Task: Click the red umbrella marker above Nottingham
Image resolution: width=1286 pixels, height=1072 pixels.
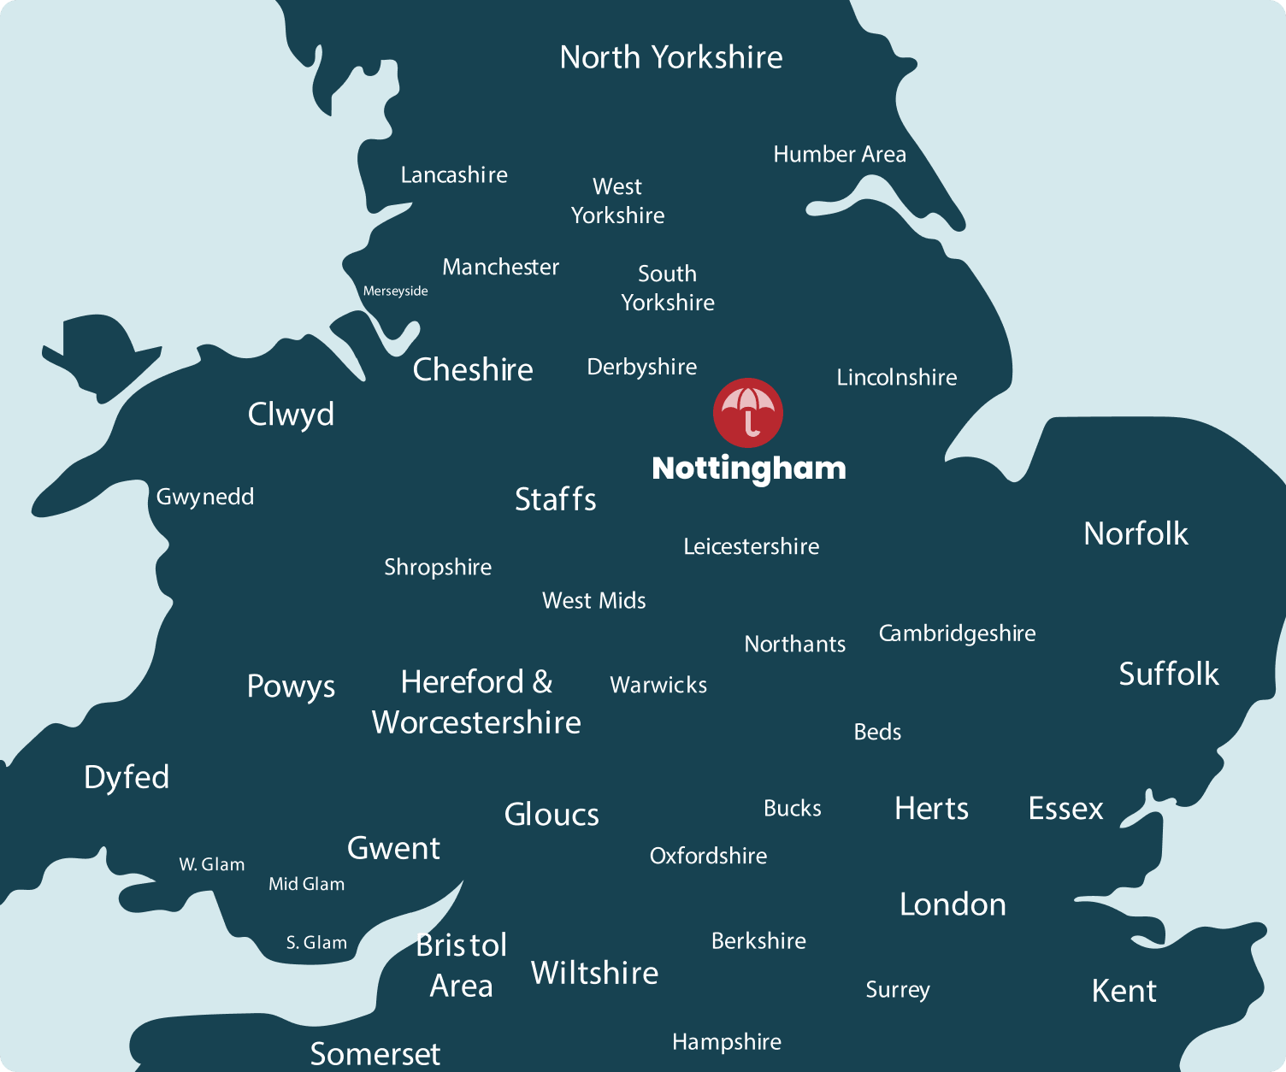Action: pyautogui.click(x=748, y=412)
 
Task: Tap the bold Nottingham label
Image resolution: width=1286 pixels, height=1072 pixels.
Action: pyautogui.click(x=749, y=468)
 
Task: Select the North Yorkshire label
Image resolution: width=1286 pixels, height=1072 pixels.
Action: pyautogui.click(x=671, y=57)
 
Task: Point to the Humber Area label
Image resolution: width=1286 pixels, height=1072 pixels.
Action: pyautogui.click(x=840, y=155)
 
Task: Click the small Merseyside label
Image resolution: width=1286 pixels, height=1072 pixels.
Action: pyautogui.click(x=395, y=292)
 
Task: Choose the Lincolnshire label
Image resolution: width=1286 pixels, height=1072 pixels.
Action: pyautogui.click(x=897, y=377)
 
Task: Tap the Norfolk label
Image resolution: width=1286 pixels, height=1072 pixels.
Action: pyautogui.click(x=1136, y=533)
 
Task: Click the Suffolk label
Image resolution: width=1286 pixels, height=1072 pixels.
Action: pyautogui.click(x=1168, y=674)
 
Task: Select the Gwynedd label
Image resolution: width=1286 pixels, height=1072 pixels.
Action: pyautogui.click(x=205, y=497)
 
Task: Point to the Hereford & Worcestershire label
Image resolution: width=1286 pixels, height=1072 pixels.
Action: pyautogui.click(x=476, y=702)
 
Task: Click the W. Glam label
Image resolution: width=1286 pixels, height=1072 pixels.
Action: pyautogui.click(x=212, y=864)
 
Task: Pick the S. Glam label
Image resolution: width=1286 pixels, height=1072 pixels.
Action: pyautogui.click(x=316, y=943)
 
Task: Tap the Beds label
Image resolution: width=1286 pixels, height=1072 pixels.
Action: pyautogui.click(x=877, y=732)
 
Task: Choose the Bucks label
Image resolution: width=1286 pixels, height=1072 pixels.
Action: pyautogui.click(x=792, y=809)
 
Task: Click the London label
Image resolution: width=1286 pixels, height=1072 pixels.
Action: pyautogui.click(x=953, y=904)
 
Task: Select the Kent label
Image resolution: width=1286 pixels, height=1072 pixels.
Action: pyautogui.click(x=1124, y=991)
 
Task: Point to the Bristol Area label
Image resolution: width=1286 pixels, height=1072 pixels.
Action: pyautogui.click(x=462, y=965)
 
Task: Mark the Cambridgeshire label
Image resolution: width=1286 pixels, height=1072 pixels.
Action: pyautogui.click(x=957, y=633)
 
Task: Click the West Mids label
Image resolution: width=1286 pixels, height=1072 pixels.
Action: pyautogui.click(x=594, y=601)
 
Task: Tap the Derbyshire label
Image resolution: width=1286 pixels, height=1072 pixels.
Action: pyautogui.click(x=642, y=367)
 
